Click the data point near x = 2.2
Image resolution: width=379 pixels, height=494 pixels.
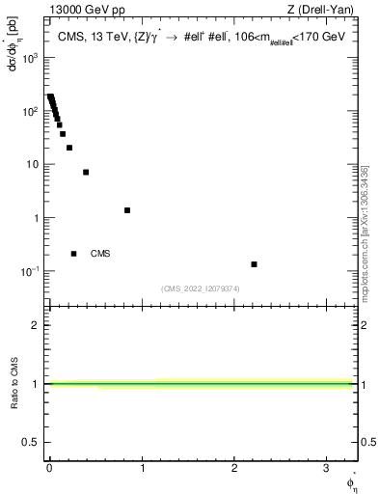point(254,264)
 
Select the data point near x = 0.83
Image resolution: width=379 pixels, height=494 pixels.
point(127,210)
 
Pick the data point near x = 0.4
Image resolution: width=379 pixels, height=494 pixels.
point(86,173)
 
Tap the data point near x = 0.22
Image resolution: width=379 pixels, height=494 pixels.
point(69,148)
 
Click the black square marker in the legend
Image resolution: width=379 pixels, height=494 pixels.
point(73,254)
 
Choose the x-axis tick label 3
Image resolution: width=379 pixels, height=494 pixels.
point(327,466)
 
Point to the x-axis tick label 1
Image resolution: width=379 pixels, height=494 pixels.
point(142,466)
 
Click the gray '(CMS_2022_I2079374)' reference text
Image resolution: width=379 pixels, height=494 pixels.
point(201,288)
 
